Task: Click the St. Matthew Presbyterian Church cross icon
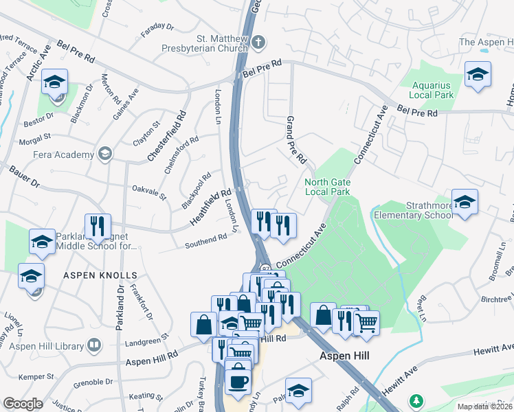coord(258,43)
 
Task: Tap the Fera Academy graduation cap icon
coord(104,152)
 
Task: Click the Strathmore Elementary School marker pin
coord(465,203)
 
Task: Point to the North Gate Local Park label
coord(327,187)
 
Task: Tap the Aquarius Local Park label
coord(432,90)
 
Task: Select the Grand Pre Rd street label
coord(295,140)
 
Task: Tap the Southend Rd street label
coord(205,238)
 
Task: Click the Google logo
coord(23,404)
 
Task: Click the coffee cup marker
coord(238,381)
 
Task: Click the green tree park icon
coord(415,400)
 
